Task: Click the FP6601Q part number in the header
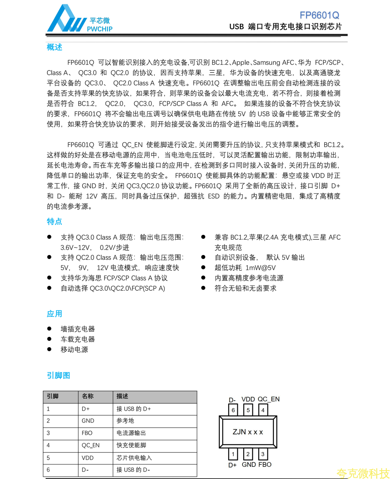pyautogui.click(x=319, y=15)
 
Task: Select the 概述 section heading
pyautogui.click(x=55, y=47)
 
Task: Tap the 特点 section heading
pyautogui.click(x=55, y=222)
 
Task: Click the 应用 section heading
pyautogui.click(x=55, y=314)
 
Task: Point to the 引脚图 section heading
pyautogui.click(x=59, y=375)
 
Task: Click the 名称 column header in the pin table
pyautogui.click(x=88, y=396)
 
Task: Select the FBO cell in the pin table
pyautogui.click(x=87, y=433)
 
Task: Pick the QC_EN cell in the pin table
pyautogui.click(x=91, y=445)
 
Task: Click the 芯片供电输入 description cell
pyautogui.click(x=134, y=458)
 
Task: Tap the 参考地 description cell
pyautogui.click(x=125, y=421)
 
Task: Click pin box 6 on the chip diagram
pyautogui.click(x=233, y=410)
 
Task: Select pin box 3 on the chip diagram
pyautogui.click(x=263, y=454)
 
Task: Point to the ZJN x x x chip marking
pyautogui.click(x=248, y=432)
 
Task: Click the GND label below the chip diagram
pyautogui.click(x=249, y=465)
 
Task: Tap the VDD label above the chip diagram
pyautogui.click(x=248, y=399)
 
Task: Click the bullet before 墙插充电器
pyautogui.click(x=49, y=329)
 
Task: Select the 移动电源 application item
pyautogui.click(x=74, y=350)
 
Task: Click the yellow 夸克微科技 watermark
pyautogui.click(x=363, y=473)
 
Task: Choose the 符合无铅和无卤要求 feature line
pyautogui.click(x=246, y=288)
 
